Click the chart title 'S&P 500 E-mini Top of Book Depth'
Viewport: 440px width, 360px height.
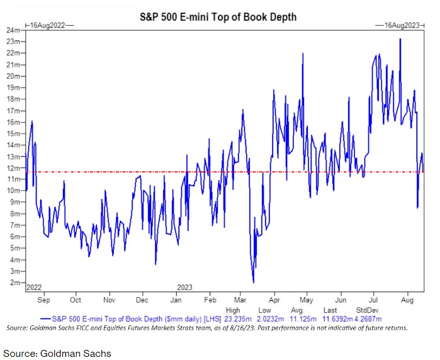click(x=217, y=17)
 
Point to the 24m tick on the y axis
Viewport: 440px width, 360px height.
click(x=12, y=30)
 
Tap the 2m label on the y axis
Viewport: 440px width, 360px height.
click(x=14, y=283)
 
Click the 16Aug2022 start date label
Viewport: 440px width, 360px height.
click(x=49, y=25)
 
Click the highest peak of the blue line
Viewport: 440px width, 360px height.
click(x=400, y=39)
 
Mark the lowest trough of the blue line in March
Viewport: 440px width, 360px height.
click(x=253, y=282)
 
